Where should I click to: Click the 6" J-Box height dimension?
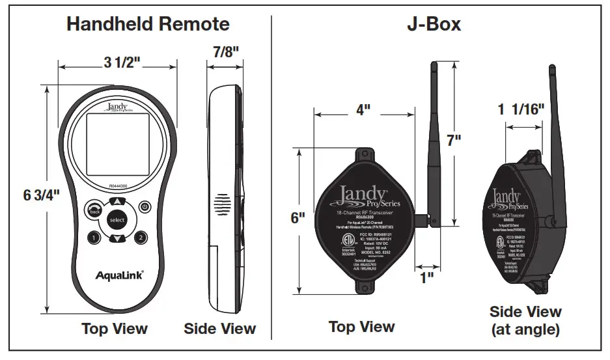coord(298,217)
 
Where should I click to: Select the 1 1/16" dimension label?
coord(521,109)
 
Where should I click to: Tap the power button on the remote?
coord(145,207)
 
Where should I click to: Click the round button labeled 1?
coord(94,238)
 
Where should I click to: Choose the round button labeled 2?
coord(140,238)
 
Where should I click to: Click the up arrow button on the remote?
coord(117,202)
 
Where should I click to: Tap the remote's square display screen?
coord(117,145)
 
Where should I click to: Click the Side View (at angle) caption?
coord(525,320)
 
